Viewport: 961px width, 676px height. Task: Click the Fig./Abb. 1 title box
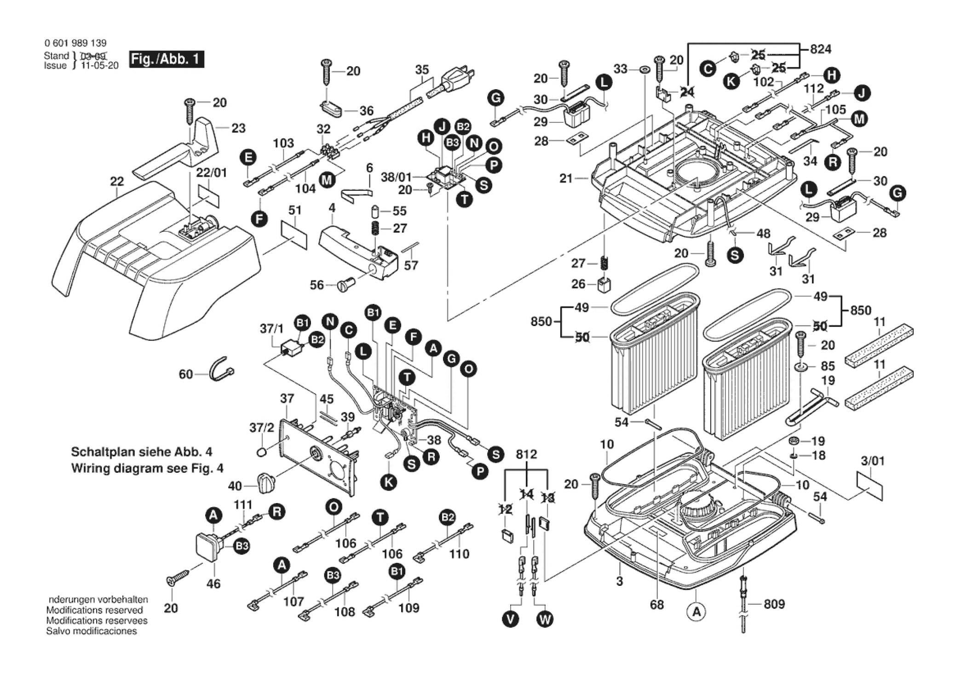(x=166, y=59)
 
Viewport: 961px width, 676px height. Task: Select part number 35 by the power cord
(x=422, y=70)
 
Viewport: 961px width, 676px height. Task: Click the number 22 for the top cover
(x=117, y=182)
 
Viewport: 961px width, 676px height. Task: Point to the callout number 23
(x=238, y=128)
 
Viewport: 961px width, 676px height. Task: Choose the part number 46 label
(x=213, y=584)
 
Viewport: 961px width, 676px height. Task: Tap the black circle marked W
(x=545, y=619)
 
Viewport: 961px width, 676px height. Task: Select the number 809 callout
(x=774, y=604)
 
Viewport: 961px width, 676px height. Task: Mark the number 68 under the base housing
(x=657, y=605)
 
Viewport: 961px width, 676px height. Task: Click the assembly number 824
(x=821, y=49)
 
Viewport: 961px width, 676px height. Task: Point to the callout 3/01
(x=873, y=461)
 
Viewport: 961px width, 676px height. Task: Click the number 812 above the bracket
(x=526, y=454)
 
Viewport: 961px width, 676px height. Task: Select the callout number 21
(x=566, y=178)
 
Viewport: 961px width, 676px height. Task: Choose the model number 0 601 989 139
(x=75, y=43)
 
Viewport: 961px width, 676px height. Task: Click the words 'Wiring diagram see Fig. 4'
(x=147, y=469)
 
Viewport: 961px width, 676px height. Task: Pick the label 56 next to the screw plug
(x=316, y=285)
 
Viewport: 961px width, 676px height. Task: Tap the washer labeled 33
(x=644, y=69)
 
